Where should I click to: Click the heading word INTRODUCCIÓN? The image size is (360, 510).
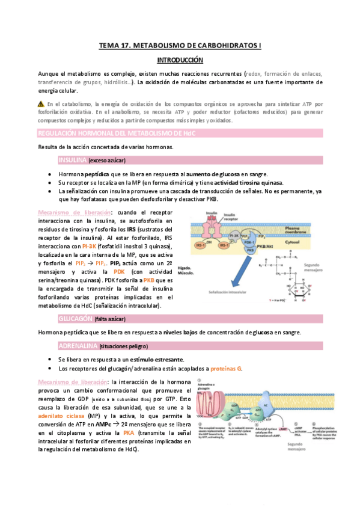coord(180,60)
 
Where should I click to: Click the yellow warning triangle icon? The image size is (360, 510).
coord(41,103)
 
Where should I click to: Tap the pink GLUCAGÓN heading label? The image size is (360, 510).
coord(75,318)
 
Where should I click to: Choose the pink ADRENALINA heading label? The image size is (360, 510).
coord(78,346)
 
